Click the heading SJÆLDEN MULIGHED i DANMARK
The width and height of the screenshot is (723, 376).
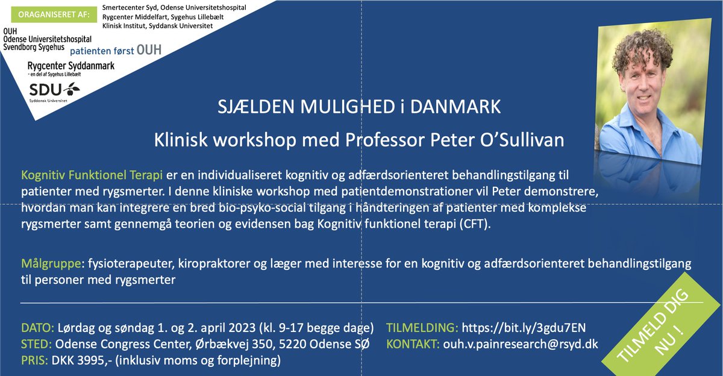(x=360, y=108)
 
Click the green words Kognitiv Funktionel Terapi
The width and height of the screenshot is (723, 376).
(x=92, y=176)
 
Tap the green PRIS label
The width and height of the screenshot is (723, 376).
(x=36, y=361)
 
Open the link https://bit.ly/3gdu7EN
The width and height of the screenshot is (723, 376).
(x=523, y=328)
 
